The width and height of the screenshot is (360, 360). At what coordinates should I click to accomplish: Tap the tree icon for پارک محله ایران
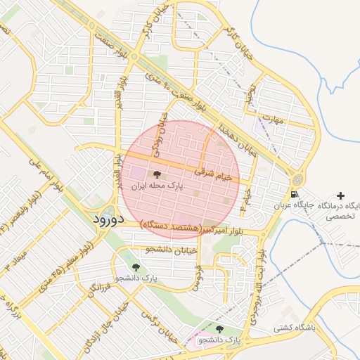[x=156, y=175]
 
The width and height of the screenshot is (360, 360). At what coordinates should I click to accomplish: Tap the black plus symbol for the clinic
[x=341, y=195]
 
